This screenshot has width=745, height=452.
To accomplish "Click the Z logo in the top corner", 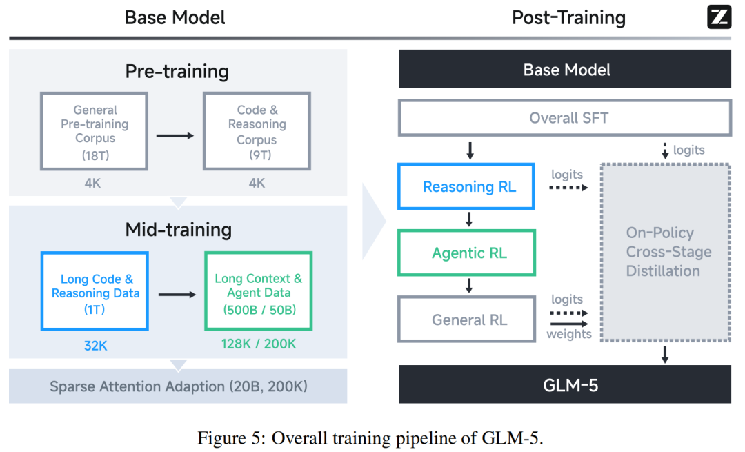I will [x=719, y=17].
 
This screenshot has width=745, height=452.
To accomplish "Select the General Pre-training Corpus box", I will [x=95, y=131].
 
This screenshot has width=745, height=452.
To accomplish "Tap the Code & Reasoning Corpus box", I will [x=257, y=131].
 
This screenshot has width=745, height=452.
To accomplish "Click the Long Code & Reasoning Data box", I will [x=95, y=291].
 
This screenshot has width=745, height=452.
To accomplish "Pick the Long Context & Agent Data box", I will [x=259, y=291].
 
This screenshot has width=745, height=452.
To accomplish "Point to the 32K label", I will [x=95, y=345].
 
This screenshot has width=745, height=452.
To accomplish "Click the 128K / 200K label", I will [x=259, y=344].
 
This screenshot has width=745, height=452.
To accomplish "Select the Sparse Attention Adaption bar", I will [x=178, y=386].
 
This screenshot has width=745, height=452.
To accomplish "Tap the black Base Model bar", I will [x=565, y=70].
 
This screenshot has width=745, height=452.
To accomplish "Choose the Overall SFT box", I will [x=565, y=118].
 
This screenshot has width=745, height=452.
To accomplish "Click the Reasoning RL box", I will [x=467, y=187].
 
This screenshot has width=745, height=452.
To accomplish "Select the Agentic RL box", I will [x=467, y=253].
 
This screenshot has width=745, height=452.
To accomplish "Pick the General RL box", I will [x=467, y=320].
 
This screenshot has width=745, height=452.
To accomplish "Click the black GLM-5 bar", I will [x=565, y=384].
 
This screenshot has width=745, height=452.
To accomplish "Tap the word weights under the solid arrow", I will [x=569, y=334].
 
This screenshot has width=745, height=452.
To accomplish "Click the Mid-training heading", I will [x=178, y=229].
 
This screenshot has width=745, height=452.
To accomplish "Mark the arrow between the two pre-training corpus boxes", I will [x=175, y=135].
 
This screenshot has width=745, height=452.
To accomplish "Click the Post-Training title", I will [x=568, y=17].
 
